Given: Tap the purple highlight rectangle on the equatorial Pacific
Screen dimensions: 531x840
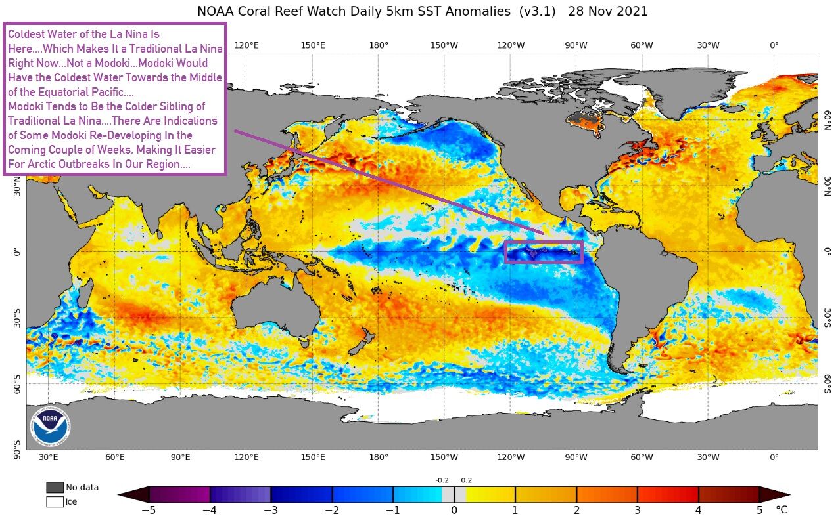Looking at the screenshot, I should tap(544, 252).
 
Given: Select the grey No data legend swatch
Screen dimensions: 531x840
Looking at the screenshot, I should tap(55, 487).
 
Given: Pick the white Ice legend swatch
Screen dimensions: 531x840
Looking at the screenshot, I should tap(55, 502).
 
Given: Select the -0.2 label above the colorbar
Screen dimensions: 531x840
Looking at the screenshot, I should tap(443, 480).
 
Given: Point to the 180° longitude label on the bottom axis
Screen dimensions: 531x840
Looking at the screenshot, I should tap(379, 457).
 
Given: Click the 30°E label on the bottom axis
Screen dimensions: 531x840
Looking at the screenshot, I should tap(48, 457).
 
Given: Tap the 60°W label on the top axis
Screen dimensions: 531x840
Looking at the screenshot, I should tap(642, 45).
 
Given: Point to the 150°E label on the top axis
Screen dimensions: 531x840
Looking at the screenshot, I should tap(313, 45).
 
